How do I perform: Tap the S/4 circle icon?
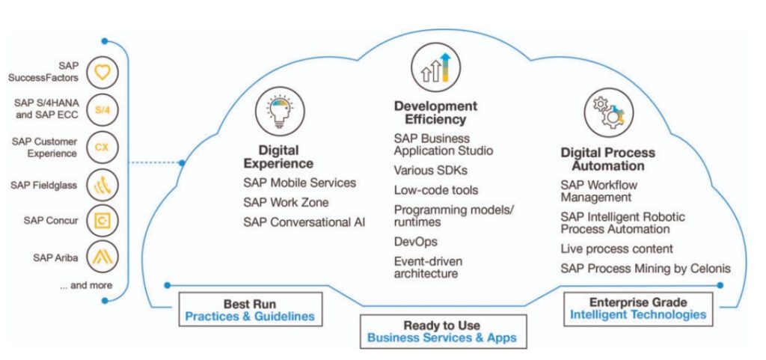[x=102, y=110]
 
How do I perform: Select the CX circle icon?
[x=102, y=147]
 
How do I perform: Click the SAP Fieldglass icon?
[x=102, y=185]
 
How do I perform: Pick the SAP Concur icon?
[x=102, y=221]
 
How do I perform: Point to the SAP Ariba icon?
[x=102, y=257]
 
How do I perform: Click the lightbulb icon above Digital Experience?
[x=281, y=112]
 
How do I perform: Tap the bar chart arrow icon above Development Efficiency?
[x=436, y=67]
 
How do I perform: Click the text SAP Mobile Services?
[x=299, y=183]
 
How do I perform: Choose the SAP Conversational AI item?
[x=304, y=222]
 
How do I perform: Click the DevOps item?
[x=416, y=241]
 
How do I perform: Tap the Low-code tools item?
[x=436, y=190]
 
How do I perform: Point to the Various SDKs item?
[x=431, y=170]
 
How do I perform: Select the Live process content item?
[x=616, y=248]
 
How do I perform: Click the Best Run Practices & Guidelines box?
[x=250, y=309]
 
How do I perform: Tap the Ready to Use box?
[x=443, y=331]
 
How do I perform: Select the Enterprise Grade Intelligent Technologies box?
[x=638, y=308]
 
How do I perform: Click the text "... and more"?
[x=86, y=285]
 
